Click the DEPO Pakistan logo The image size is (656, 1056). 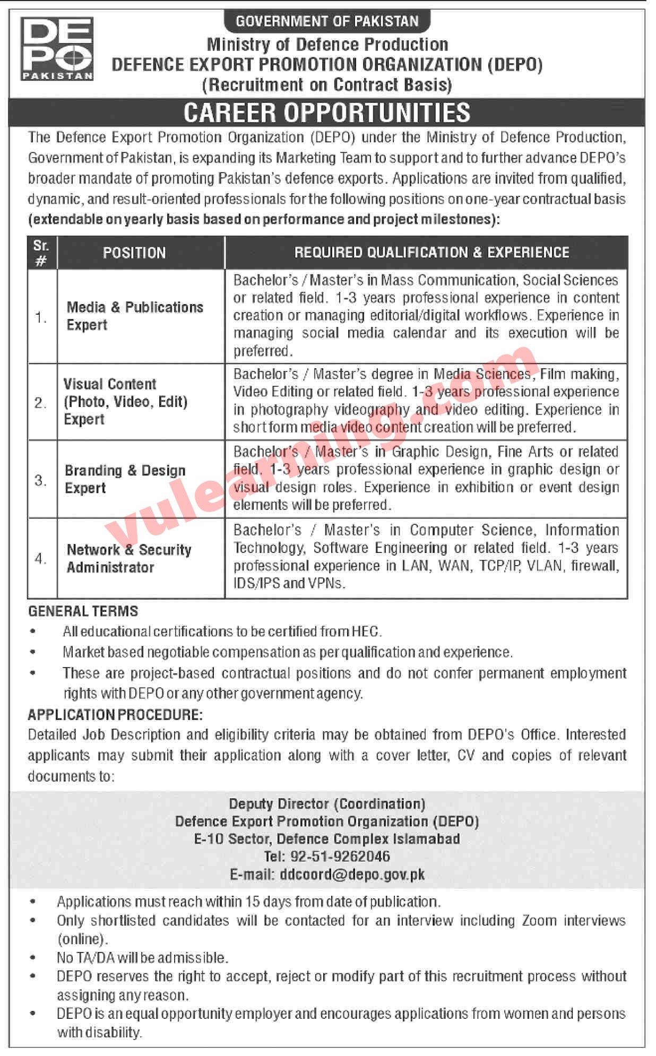pos(57,48)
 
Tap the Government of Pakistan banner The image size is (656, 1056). pos(327,21)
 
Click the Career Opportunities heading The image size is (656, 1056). pos(327,112)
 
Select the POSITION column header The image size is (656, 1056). pos(134,253)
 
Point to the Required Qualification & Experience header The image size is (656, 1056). pos(431,253)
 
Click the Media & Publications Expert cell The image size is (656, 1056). pos(135,316)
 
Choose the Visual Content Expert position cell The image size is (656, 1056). pos(125,401)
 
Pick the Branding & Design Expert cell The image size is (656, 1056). pos(125,479)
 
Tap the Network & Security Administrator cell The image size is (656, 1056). pos(129,558)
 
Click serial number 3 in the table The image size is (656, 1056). pos(41,480)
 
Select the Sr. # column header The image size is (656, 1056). pos(41,253)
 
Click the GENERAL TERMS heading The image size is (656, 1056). pos(83,611)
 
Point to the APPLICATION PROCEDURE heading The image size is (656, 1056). pos(115,715)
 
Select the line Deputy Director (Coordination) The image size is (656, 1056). pos(327,804)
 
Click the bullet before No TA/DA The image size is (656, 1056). pos(33,958)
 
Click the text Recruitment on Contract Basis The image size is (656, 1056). pos(327,85)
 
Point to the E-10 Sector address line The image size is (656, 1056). pos(327,838)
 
